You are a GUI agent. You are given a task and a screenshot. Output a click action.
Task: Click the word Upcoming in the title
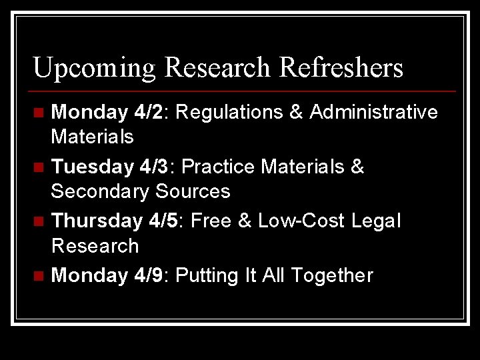tap(94, 68)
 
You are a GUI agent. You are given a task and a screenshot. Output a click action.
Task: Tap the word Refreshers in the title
tap(341, 67)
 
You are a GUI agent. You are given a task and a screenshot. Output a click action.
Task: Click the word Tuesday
tap(91, 167)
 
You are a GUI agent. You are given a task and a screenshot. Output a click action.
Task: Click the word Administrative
tap(373, 112)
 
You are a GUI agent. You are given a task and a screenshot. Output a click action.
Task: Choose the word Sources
tap(193, 191)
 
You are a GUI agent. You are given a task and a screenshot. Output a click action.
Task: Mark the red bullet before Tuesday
tap(41, 167)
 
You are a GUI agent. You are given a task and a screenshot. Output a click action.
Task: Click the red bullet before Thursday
tap(41, 221)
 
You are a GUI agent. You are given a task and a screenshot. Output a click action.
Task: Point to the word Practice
tap(218, 167)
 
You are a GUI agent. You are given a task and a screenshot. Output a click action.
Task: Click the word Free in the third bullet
tap(210, 221)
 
